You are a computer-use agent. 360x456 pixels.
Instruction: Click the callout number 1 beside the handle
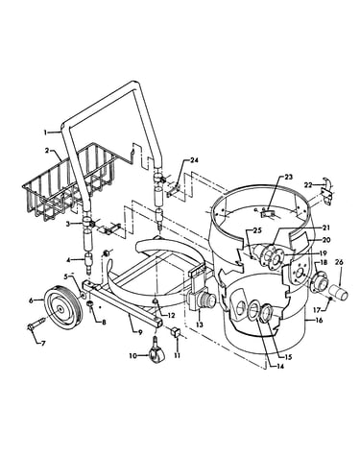pyautogui.click(x=46, y=132)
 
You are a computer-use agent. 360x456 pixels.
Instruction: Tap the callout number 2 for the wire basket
pyautogui.click(x=47, y=151)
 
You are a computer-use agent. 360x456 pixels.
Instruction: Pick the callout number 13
pyautogui.click(x=200, y=324)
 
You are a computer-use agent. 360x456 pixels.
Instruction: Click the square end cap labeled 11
pyautogui.click(x=177, y=332)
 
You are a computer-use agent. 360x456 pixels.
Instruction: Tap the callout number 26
pyautogui.click(x=339, y=263)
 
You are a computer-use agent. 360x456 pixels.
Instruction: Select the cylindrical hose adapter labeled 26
pyautogui.click(x=337, y=293)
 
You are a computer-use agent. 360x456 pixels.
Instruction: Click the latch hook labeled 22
pyautogui.click(x=327, y=192)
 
